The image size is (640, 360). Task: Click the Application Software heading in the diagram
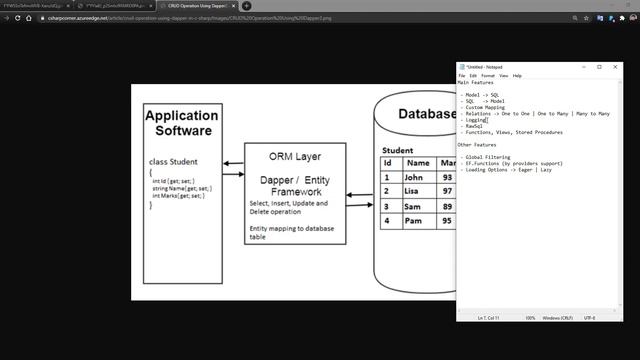click(181, 123)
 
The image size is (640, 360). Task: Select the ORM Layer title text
click(295, 157)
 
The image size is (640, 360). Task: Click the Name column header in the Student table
click(418, 163)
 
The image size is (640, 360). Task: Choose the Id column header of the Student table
click(387, 163)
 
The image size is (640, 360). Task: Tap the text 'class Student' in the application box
click(173, 161)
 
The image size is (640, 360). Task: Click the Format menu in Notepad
click(488, 76)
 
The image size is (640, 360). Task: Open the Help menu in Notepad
click(517, 76)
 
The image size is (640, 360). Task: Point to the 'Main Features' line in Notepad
click(476, 83)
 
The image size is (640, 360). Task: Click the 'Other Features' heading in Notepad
click(478, 145)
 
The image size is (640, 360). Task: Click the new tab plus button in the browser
click(246, 6)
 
